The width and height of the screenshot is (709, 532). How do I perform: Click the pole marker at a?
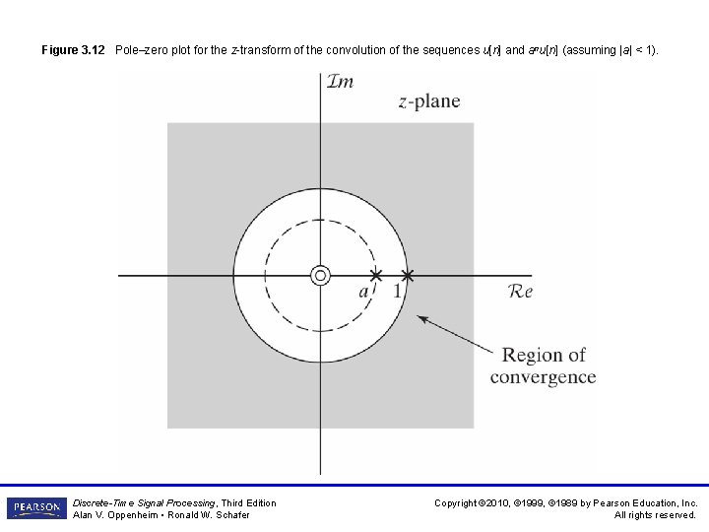pos(375,275)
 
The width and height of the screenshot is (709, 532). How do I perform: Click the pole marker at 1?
pos(408,275)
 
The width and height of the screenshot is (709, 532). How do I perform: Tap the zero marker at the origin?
pos(320,275)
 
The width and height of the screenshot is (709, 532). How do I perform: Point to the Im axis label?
pos(340,82)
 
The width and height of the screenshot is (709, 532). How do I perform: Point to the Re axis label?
pos(519,292)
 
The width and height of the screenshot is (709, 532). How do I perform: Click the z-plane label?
pos(429,101)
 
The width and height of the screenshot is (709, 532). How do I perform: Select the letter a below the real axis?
pos(363,292)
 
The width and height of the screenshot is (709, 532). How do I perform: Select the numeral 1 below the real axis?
pos(397,292)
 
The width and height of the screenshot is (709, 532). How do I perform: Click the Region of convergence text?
pos(543,366)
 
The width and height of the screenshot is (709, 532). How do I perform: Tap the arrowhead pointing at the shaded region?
pos(423,319)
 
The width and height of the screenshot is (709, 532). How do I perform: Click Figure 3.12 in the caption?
pos(73,49)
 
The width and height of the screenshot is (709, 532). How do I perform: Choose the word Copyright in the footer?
pos(457,503)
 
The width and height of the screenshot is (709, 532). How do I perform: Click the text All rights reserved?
pos(656,515)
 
